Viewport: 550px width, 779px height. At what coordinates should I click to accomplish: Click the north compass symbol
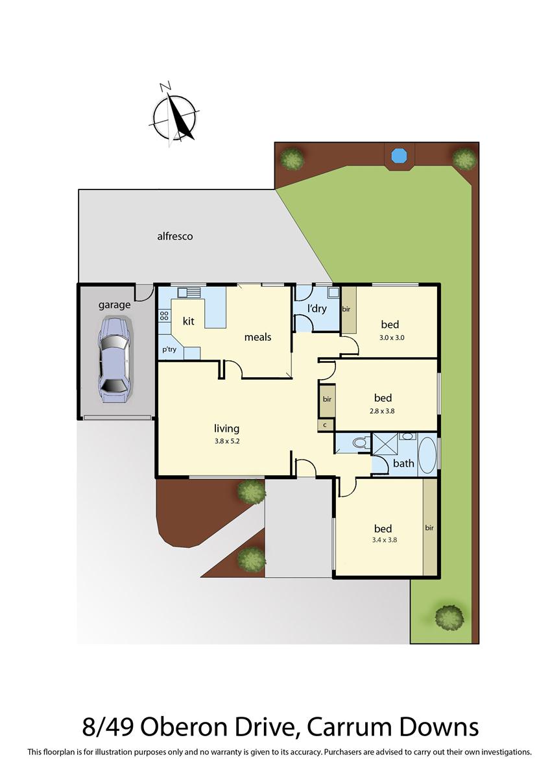[x=174, y=116]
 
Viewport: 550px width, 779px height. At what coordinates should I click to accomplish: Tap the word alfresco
[x=175, y=236]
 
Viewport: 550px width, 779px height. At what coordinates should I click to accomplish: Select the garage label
[x=114, y=304]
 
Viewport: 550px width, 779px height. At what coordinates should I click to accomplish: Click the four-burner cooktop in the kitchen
[x=164, y=316]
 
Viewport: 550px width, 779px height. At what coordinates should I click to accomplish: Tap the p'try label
[x=169, y=349]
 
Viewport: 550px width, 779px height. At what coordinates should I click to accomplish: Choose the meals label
[x=257, y=337]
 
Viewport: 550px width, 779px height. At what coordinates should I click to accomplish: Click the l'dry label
[x=317, y=308]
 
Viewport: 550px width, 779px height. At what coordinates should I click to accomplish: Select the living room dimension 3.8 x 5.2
[x=227, y=440]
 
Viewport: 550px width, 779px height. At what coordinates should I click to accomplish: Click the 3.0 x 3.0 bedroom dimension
[x=392, y=337]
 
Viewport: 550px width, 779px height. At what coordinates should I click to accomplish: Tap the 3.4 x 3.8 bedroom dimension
[x=383, y=541]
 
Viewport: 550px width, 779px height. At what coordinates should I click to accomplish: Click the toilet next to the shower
[x=358, y=444]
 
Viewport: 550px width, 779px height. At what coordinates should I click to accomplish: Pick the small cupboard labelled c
[x=326, y=425]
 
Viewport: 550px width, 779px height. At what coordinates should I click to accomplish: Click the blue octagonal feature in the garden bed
[x=398, y=155]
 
